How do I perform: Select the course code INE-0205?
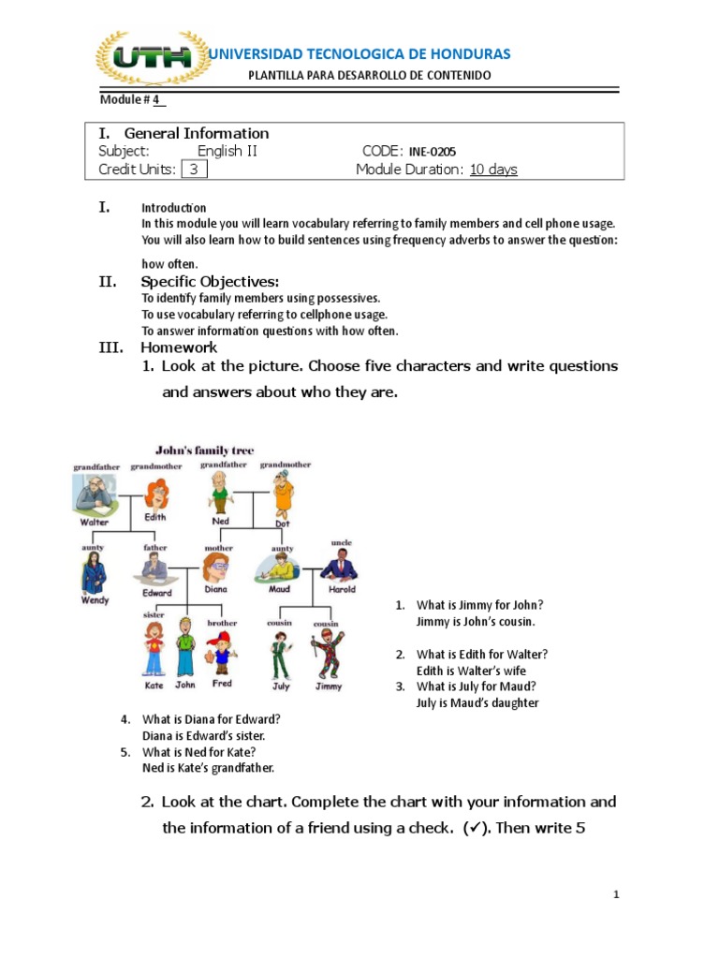click(x=433, y=152)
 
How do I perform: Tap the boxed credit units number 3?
click(x=194, y=170)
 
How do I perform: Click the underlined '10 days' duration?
click(x=493, y=170)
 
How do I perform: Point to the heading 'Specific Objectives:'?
click(x=210, y=282)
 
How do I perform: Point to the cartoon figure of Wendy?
click(x=94, y=571)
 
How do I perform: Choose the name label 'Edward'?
click(x=156, y=593)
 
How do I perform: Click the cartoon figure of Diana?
click(x=215, y=568)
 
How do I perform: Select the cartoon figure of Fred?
click(x=221, y=652)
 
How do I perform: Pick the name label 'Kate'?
click(x=154, y=686)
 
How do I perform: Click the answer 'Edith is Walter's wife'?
click(x=471, y=671)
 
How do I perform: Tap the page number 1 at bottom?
click(x=617, y=895)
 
